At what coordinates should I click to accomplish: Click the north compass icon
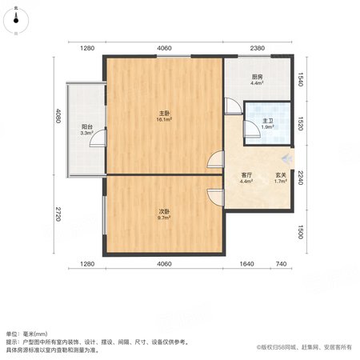[x=16, y=21]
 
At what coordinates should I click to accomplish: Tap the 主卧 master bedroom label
[x=164, y=114]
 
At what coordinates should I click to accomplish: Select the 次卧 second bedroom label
[x=164, y=211]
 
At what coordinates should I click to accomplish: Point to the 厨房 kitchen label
[x=257, y=77]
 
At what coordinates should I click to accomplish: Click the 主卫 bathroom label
[x=268, y=121]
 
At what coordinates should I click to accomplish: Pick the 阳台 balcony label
[x=87, y=127]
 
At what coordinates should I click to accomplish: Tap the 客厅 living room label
[x=246, y=175]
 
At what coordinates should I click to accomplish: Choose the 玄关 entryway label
[x=281, y=175]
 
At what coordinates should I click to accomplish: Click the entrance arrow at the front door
[x=287, y=159]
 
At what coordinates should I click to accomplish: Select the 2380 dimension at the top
[x=258, y=48]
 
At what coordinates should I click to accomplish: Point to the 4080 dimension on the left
[x=58, y=116]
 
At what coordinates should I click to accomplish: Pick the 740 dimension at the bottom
[x=281, y=264]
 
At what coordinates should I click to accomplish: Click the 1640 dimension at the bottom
[x=246, y=264]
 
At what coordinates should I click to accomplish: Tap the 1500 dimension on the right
[x=301, y=232]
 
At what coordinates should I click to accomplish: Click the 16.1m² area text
[x=164, y=119]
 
